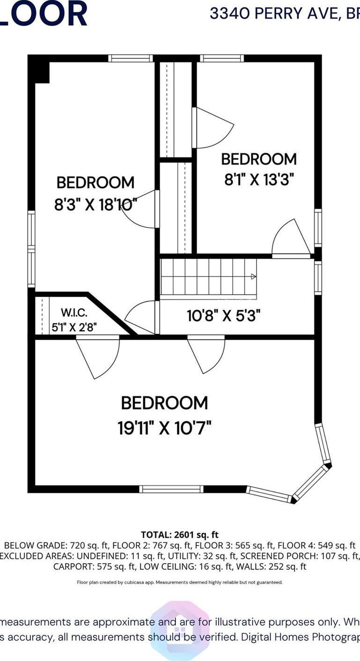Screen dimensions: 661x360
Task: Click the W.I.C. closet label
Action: tap(74, 312)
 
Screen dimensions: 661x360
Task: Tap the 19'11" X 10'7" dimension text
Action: tap(164, 428)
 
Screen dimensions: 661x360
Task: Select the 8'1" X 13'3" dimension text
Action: tap(258, 179)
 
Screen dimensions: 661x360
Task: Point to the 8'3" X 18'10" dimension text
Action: tap(96, 204)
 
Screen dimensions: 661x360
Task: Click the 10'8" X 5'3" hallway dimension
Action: tap(223, 315)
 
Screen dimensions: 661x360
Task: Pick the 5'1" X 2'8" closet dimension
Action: tap(74, 327)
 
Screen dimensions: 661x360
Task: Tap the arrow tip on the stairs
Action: tap(254, 276)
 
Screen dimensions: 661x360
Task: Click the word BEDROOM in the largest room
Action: tap(164, 403)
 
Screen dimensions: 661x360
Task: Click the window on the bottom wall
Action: tap(171, 489)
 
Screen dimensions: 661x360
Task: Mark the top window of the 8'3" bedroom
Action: tap(131, 58)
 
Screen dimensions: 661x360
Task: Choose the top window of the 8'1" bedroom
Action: tap(222, 58)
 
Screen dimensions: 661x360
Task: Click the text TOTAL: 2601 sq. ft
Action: tap(180, 534)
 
